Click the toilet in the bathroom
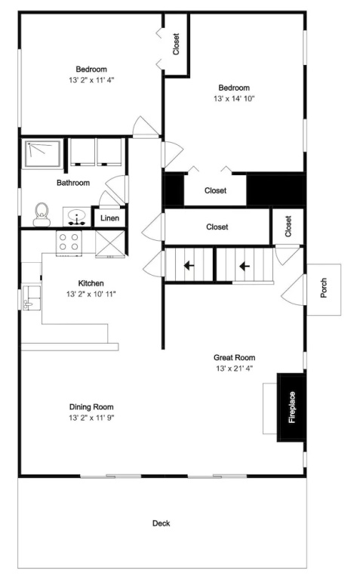tap(42, 214)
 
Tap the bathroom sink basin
tap(77, 217)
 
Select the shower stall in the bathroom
tap(42, 154)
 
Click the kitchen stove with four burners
tap(69, 242)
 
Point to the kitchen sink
tap(31, 297)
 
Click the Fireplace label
tap(292, 407)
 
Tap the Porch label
tap(324, 288)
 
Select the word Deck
tap(162, 523)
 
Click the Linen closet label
tap(109, 217)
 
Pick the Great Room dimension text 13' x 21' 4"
tap(234, 369)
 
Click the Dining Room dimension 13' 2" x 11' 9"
tap(91, 418)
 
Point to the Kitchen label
tap(91, 283)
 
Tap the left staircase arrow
tap(189, 265)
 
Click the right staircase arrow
tap(245, 266)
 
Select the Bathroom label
tap(73, 183)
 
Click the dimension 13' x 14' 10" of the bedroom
tap(234, 99)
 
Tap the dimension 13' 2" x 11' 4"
tap(91, 80)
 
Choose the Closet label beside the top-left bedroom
tap(177, 45)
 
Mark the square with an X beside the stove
tap(110, 242)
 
